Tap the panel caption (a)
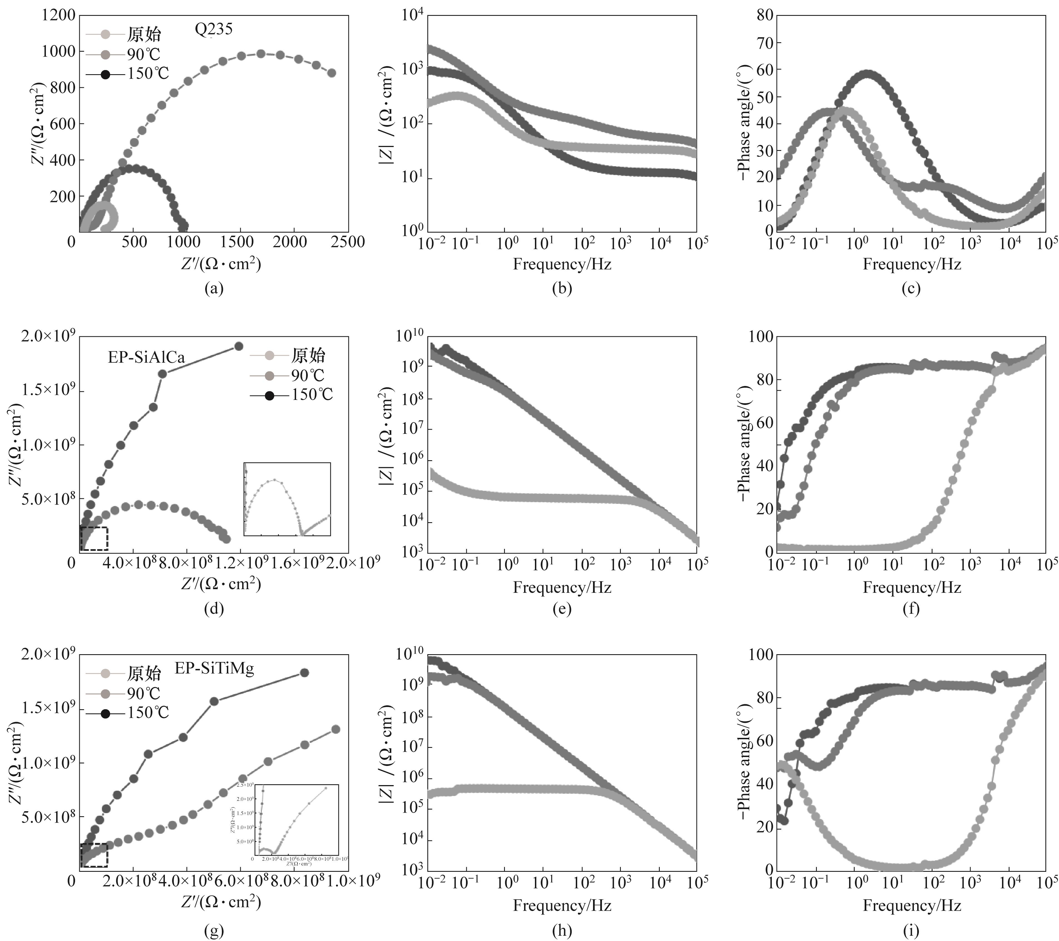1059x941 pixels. click(x=214, y=288)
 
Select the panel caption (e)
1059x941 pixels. click(x=562, y=609)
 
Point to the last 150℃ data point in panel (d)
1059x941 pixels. click(x=239, y=346)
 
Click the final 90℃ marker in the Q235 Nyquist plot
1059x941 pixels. click(x=332, y=73)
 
